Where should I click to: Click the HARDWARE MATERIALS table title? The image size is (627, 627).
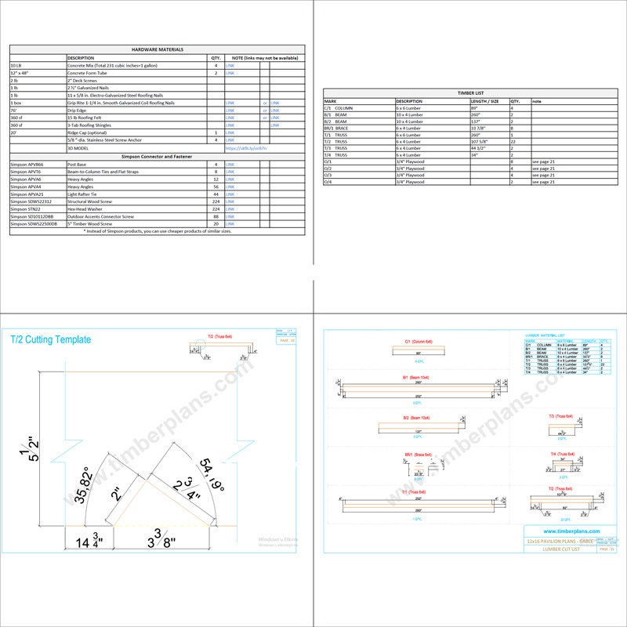157,49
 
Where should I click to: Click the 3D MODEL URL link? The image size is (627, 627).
245,147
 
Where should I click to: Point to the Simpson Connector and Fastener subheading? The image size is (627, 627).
157,157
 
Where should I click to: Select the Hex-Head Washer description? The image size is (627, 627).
88,208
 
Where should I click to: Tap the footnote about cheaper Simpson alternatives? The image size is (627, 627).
157,231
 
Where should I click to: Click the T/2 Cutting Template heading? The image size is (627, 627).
50,340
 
